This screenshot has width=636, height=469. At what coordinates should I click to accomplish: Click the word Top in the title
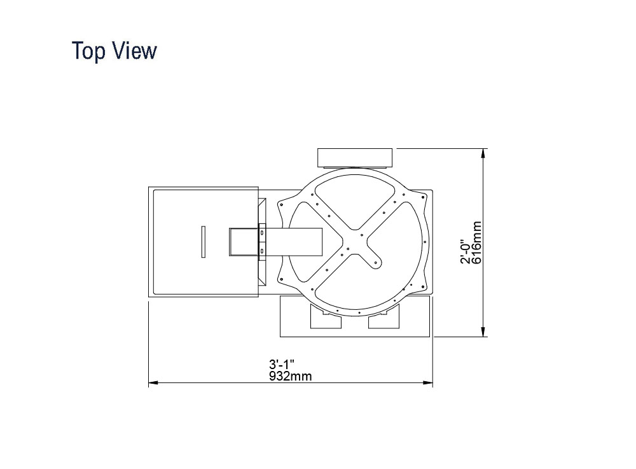point(89,51)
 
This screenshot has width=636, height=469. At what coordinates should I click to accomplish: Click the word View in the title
point(134,51)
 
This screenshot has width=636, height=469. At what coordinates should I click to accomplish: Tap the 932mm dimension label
point(291,376)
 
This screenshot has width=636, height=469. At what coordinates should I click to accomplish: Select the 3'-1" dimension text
point(282,363)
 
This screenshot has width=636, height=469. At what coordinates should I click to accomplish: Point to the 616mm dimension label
point(478,242)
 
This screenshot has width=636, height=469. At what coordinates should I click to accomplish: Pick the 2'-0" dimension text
point(466,253)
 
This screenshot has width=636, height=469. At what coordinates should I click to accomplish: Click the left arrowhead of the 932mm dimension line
point(153,382)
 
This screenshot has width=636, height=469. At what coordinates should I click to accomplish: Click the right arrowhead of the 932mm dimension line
point(428,382)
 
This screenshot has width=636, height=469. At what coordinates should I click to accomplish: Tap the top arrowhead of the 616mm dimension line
point(483,153)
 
